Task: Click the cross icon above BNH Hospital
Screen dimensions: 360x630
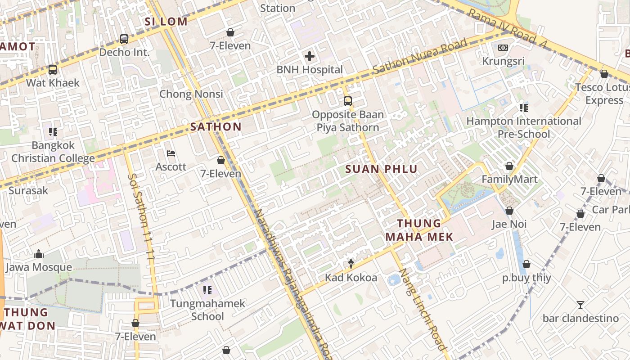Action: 310,56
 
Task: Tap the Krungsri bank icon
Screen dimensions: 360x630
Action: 503,47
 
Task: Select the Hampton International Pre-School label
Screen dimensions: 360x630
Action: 524,127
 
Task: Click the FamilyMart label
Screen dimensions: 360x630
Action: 509,180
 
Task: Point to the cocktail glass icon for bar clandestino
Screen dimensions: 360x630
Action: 580,305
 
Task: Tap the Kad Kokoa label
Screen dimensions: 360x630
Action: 351,278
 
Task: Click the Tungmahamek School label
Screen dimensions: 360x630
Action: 207,310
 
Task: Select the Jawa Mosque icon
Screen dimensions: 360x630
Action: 39,254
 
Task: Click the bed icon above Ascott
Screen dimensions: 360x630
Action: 171,153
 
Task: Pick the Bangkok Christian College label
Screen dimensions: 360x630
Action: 53,152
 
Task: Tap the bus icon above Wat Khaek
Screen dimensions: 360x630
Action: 53,70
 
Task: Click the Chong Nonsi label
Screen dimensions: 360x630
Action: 191,94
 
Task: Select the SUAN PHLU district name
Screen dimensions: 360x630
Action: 382,169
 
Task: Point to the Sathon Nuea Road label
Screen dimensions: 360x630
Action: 419,57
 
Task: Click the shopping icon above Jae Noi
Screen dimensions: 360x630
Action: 509,211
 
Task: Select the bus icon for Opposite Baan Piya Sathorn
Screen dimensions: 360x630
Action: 348,101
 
